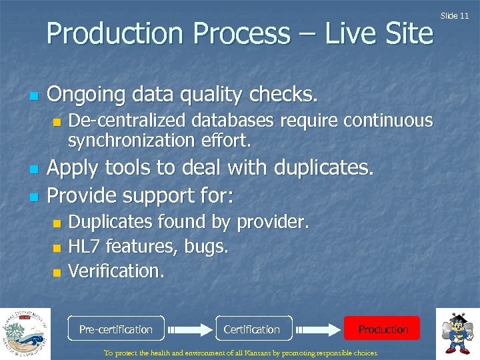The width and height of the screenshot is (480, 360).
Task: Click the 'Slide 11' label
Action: pos(459,15)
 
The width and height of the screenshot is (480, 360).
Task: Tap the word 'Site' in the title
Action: pos(407,33)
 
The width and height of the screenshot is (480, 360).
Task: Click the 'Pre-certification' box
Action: pos(116,329)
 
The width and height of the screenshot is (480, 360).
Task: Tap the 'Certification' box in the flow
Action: pos(252,329)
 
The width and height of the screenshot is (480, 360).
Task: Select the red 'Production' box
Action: pos(382,329)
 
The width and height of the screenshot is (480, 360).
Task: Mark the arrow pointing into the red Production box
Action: pos(318,329)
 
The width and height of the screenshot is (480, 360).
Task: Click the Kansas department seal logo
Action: pos(25,333)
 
